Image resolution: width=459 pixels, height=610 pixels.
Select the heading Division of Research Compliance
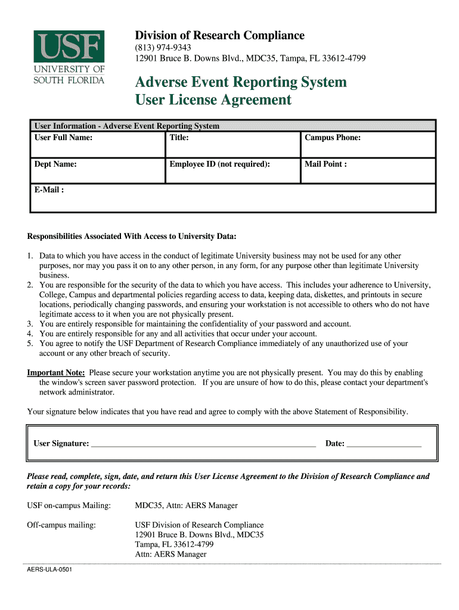tap(219, 36)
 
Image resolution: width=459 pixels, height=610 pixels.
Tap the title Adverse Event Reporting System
tap(241, 82)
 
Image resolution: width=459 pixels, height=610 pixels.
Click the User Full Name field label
tap(63, 138)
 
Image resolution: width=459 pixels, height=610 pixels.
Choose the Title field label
tap(179, 138)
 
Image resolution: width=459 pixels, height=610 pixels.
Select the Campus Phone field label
tap(333, 138)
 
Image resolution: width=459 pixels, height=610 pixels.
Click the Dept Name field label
tap(55, 164)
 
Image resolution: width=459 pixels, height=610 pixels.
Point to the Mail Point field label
tap(325, 164)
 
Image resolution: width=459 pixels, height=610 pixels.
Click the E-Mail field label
tap(49, 190)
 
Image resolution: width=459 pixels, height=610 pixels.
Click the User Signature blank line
tap(203, 444)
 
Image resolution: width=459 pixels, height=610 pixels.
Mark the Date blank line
tap(384, 444)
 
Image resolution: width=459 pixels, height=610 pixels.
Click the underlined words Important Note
tap(56, 373)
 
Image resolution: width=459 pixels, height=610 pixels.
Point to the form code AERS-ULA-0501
tap(49, 570)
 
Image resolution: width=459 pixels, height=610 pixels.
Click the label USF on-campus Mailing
tap(69, 506)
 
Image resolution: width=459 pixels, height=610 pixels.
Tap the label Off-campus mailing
tap(61, 525)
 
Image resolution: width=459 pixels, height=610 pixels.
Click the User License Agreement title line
tap(213, 100)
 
